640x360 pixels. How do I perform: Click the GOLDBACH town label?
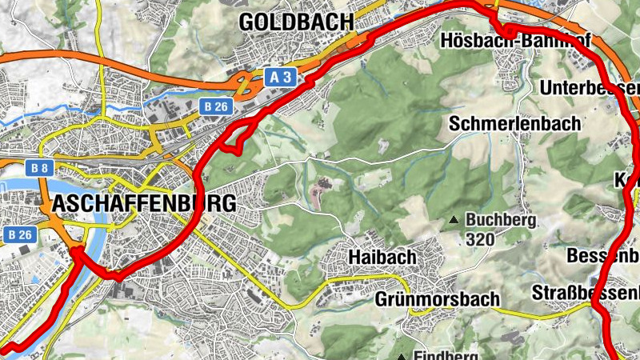click(x=297, y=22)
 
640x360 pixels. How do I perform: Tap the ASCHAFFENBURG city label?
click(x=144, y=203)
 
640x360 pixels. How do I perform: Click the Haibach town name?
click(x=382, y=258)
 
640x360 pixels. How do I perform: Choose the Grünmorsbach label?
click(x=437, y=298)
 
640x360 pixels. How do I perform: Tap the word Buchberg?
click(x=502, y=219)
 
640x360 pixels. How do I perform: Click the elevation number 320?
click(x=480, y=238)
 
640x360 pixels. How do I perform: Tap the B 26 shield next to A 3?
click(x=215, y=106)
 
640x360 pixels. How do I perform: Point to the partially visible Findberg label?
click(x=446, y=355)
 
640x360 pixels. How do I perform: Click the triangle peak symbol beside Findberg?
click(x=401, y=356)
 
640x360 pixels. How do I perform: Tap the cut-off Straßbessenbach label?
click(x=586, y=293)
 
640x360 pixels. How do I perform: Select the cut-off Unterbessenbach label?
click(x=590, y=87)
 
